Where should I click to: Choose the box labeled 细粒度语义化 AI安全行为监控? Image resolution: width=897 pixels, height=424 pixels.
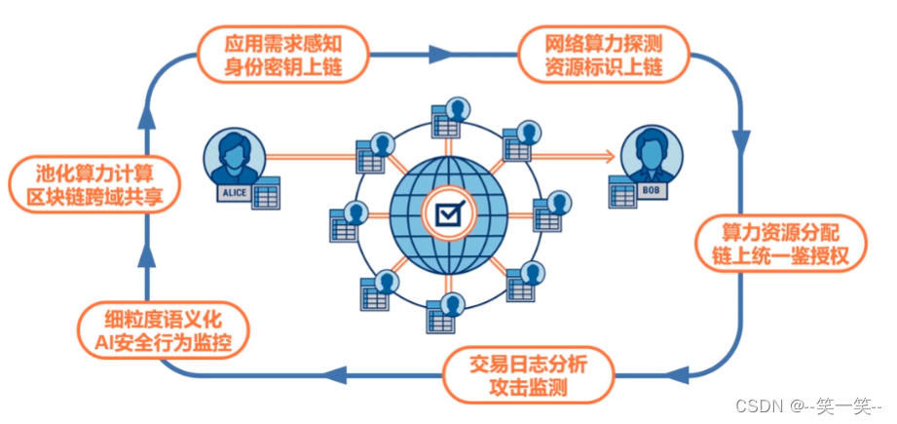tap(164, 329)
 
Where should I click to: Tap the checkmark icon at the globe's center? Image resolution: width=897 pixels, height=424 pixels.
tap(448, 213)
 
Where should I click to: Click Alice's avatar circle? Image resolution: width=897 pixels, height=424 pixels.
tap(234, 156)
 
